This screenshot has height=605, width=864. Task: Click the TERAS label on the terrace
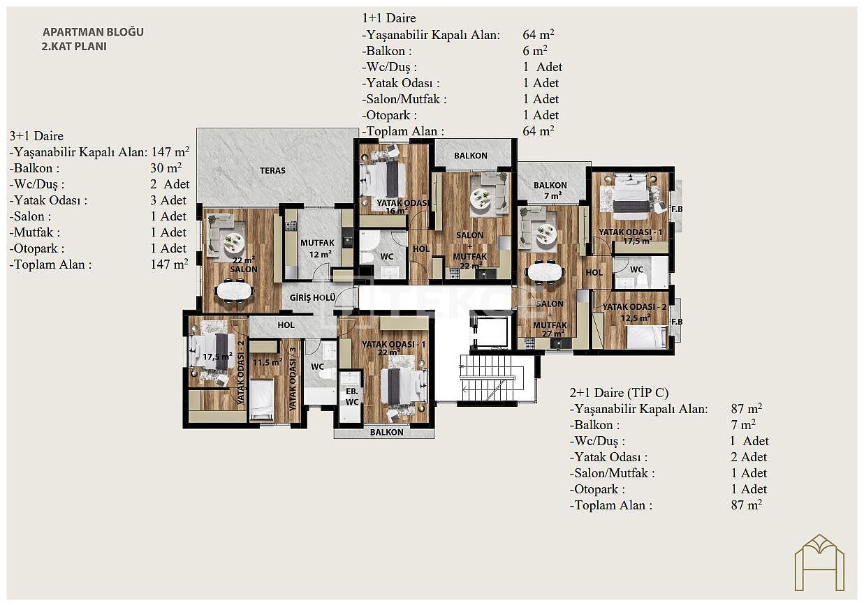272,170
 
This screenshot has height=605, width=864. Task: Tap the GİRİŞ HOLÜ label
312,297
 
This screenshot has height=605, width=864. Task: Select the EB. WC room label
352,396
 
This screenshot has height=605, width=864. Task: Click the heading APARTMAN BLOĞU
93,32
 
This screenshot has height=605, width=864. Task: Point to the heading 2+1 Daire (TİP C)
619,393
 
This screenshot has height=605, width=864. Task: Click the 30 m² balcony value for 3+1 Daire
166,168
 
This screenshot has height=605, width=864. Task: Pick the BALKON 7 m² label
550,191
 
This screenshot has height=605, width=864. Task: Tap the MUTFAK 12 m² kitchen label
317,248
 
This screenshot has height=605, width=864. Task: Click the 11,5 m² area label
267,362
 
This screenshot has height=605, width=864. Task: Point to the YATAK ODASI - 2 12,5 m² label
634,313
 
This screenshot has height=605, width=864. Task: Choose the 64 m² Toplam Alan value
538,131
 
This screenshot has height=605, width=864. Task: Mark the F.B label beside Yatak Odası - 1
677,209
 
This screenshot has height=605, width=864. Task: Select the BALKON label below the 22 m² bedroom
386,433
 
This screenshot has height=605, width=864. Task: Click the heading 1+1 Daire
389,18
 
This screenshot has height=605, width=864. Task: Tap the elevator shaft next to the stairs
493,332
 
